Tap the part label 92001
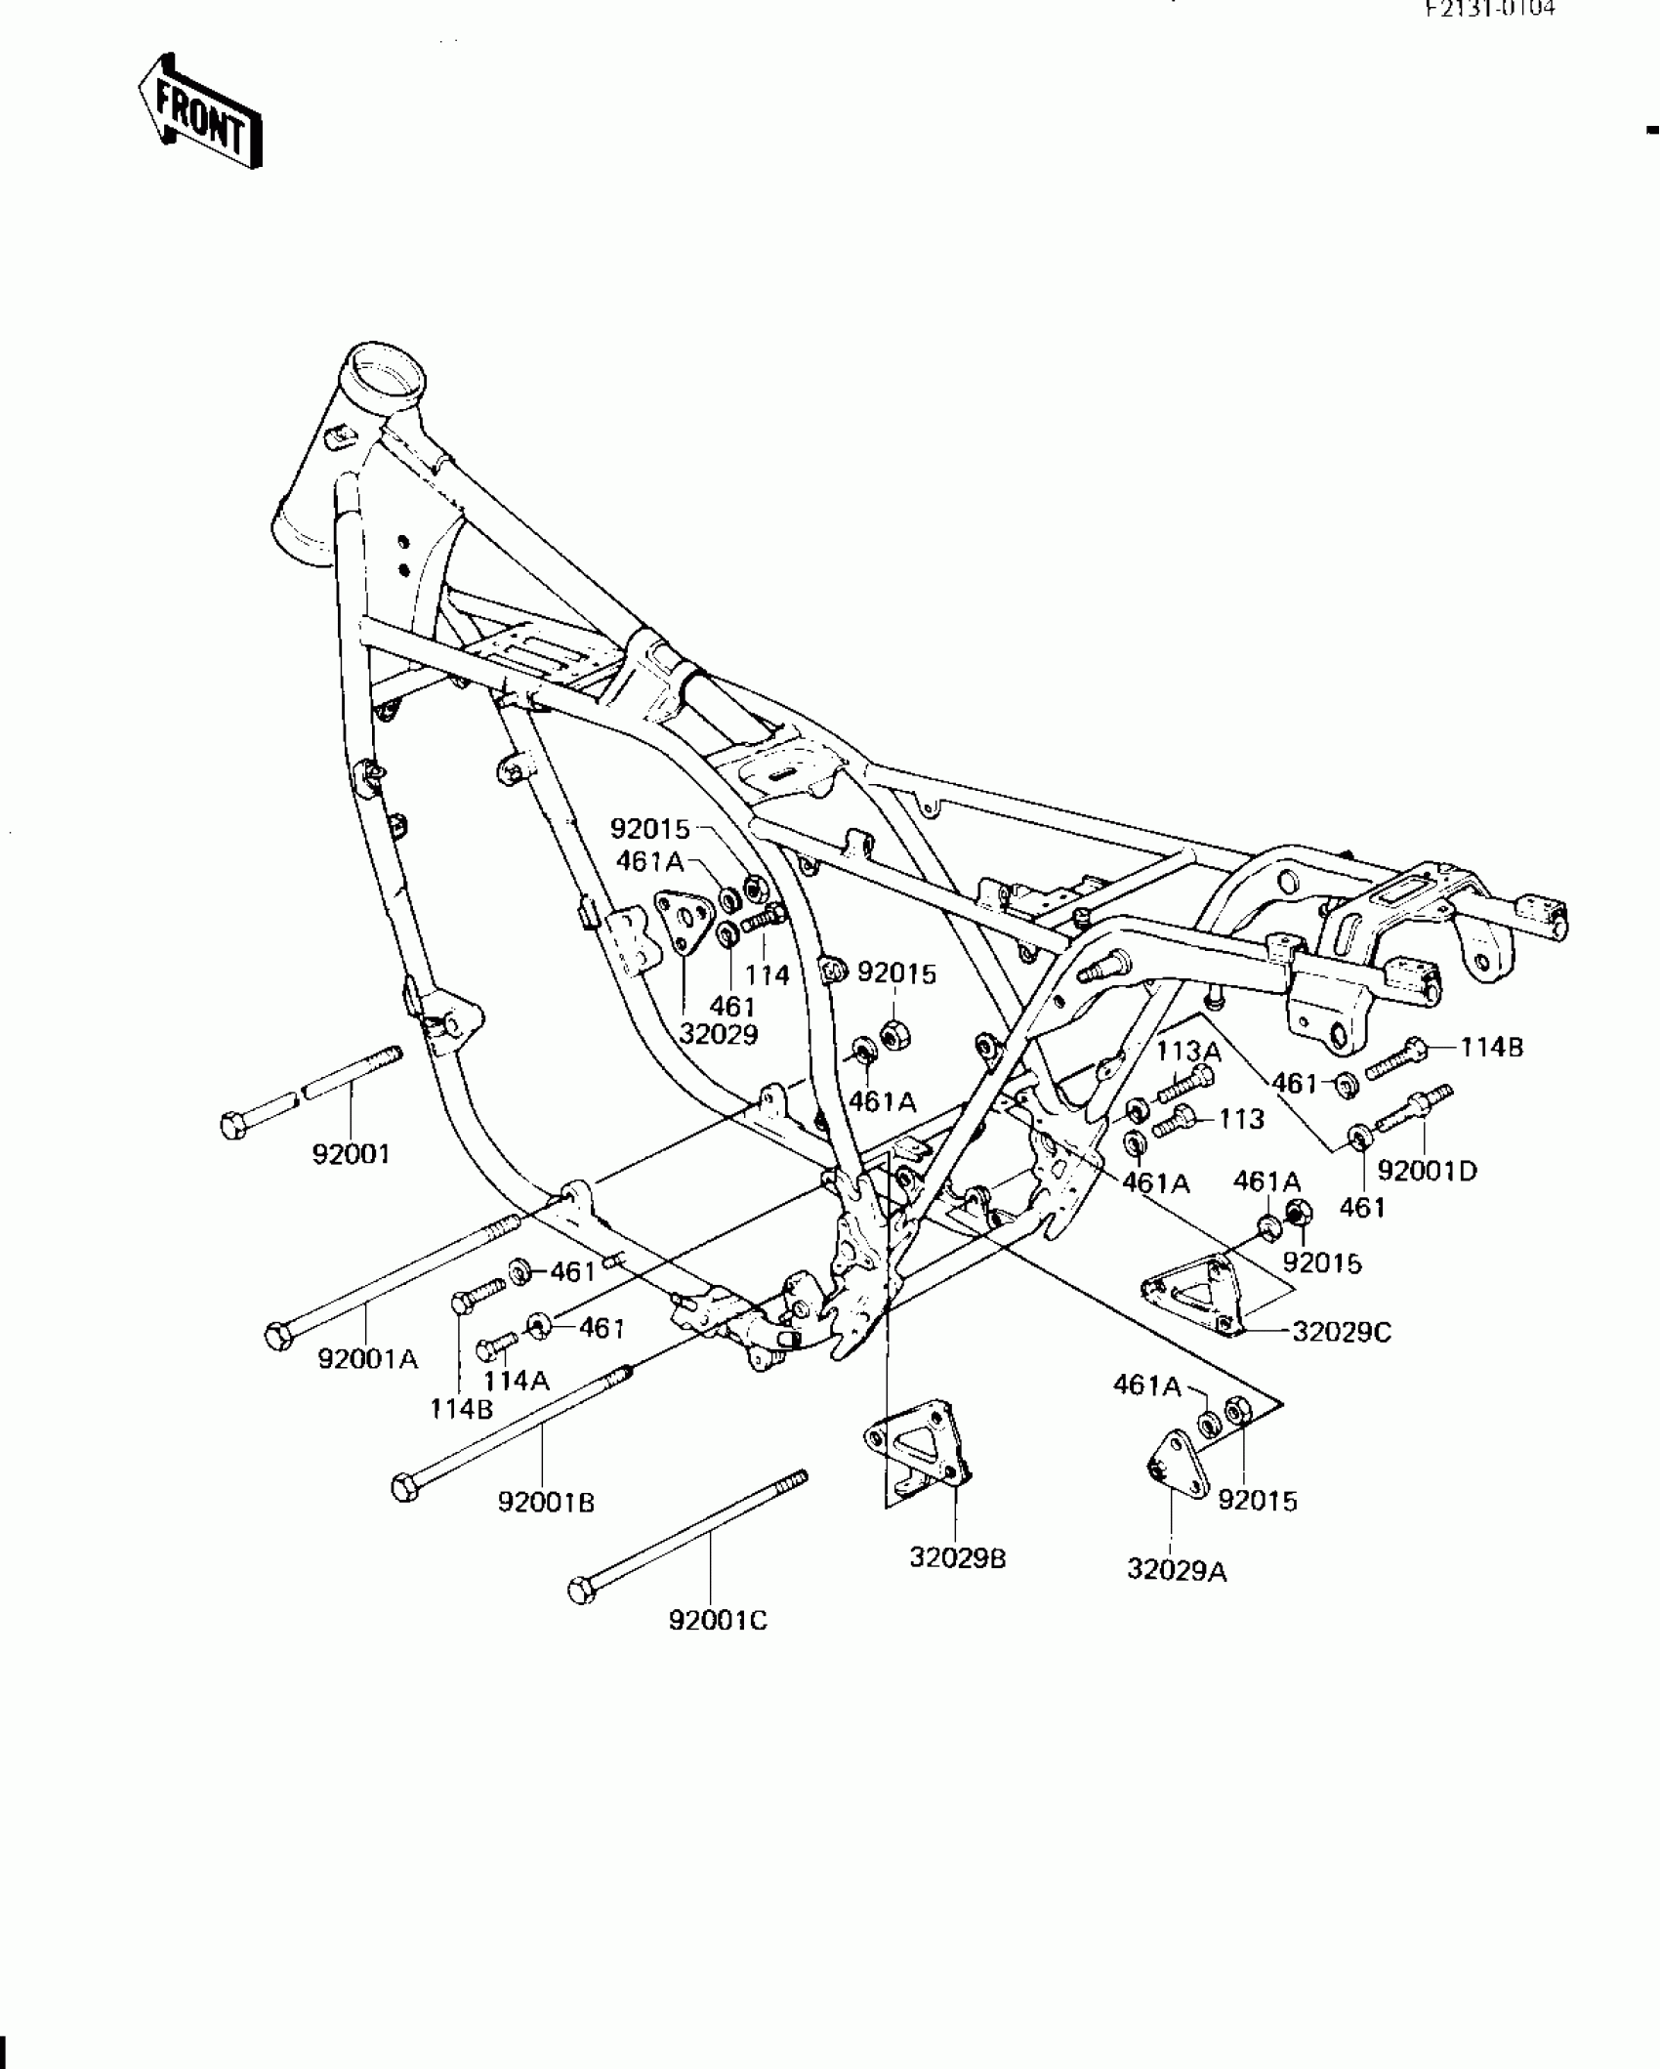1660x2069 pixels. click(351, 1154)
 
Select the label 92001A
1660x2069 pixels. click(368, 1358)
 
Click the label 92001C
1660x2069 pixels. click(718, 1621)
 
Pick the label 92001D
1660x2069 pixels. click(1427, 1170)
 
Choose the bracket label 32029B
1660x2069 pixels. click(957, 1558)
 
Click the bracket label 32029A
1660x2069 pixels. click(1177, 1569)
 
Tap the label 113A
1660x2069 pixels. click(1189, 1052)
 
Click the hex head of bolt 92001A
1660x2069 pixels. click(278, 1336)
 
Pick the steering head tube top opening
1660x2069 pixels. click(387, 370)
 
